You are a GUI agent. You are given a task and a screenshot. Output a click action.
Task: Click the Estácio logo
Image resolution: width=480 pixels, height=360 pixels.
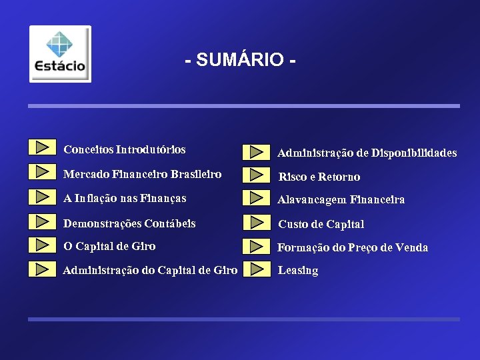60,54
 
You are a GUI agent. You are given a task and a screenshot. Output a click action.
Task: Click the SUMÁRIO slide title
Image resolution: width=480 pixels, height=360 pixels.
241,60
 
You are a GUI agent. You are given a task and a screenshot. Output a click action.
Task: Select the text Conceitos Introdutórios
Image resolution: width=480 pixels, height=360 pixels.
124,149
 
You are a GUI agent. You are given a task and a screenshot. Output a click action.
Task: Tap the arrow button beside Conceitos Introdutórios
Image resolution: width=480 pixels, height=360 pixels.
43,147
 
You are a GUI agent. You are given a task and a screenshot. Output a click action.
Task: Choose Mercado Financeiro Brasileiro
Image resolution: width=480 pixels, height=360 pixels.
142,174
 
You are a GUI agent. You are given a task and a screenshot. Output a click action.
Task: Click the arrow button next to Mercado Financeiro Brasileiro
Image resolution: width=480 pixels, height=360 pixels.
43,171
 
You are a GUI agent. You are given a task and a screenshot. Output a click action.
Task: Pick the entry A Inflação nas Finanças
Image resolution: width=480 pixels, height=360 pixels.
125,198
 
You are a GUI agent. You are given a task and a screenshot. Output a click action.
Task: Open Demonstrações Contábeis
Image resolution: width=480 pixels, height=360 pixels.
129,223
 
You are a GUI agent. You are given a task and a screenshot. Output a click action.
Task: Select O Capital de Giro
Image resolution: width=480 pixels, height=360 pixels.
109,246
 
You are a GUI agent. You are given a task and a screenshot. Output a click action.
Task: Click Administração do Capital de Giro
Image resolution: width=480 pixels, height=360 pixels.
150,270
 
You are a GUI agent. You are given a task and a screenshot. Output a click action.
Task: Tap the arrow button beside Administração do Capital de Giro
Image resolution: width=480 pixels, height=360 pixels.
43,269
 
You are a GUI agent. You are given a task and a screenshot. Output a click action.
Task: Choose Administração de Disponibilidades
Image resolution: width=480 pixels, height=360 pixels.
367,153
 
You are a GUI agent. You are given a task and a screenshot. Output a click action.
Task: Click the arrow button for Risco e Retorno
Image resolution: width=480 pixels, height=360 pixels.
256,175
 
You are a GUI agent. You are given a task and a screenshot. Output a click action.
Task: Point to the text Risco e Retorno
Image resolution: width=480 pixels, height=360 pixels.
319,177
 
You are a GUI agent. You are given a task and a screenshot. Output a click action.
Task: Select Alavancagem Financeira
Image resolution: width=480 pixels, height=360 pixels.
341,199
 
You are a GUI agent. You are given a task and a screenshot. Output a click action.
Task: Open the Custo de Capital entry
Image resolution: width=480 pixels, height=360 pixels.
321,224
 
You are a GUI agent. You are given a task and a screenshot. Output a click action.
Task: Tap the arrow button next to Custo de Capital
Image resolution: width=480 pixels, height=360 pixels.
256,222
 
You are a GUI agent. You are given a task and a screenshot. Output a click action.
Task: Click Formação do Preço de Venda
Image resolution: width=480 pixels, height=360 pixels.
353,247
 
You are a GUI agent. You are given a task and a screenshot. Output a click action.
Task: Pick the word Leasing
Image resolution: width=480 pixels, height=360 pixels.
298,271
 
